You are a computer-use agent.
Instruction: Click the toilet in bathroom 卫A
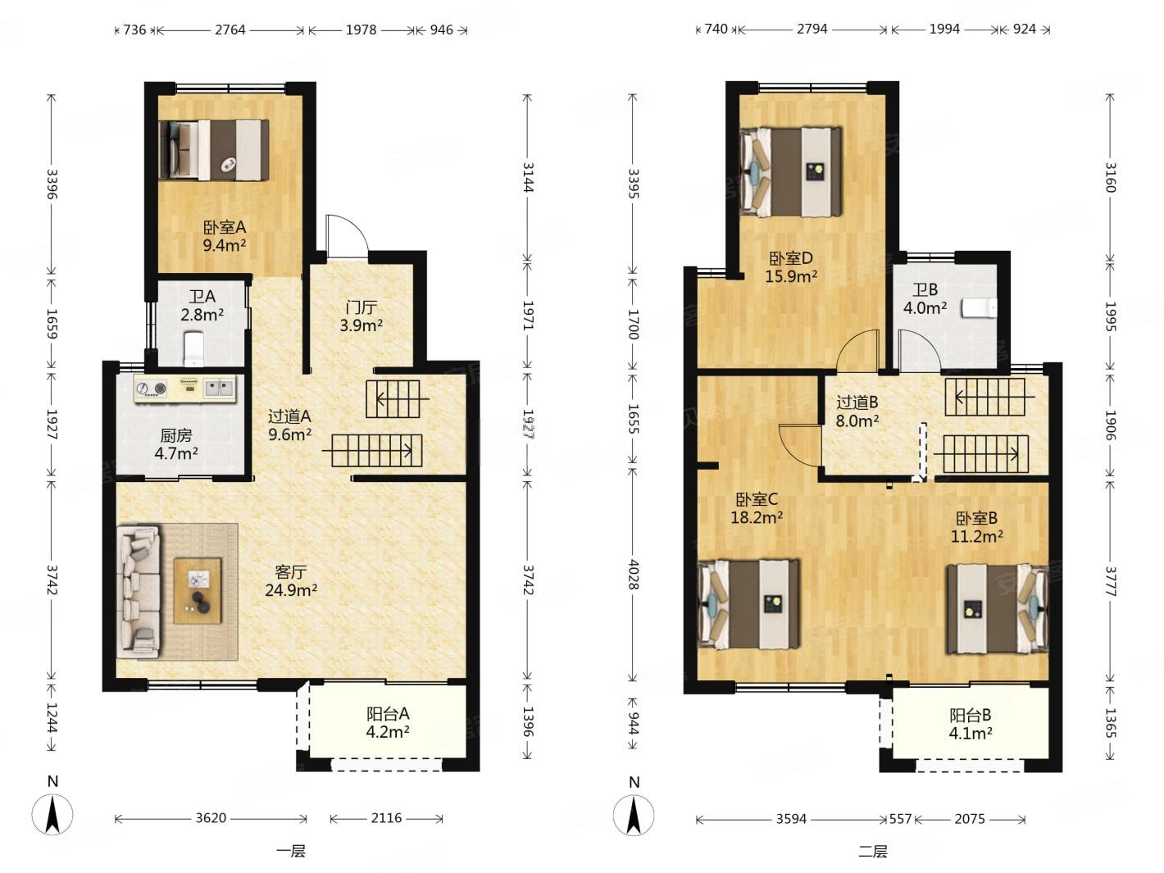193,348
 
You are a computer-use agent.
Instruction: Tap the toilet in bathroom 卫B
980,308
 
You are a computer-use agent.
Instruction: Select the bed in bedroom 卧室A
214,151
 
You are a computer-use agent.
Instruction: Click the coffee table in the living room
198,590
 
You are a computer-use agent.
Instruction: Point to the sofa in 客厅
139,592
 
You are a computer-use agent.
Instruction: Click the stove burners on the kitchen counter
151,389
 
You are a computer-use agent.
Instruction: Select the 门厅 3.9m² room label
361,316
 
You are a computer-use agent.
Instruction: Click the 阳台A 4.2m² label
388,722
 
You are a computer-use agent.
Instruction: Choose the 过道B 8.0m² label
857,411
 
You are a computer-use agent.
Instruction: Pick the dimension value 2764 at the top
230,30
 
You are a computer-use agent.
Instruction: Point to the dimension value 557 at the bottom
900,819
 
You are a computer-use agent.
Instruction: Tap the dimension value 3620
211,818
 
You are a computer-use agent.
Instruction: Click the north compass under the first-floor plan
52,814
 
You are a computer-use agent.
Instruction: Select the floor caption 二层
872,852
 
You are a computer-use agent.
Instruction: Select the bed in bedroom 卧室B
998,608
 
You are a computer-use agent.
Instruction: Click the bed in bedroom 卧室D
791,171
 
